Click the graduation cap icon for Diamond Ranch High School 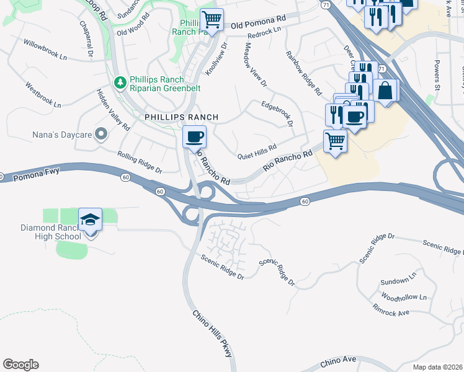point(90,219)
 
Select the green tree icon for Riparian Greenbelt point(120,82)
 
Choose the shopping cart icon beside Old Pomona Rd point(212,20)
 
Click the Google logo point(20,365)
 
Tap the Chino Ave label point(338,361)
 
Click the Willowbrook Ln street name point(45,50)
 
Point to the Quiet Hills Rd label point(257,149)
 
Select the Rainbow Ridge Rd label point(304,73)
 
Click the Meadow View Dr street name point(255,64)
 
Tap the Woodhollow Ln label point(404,297)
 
